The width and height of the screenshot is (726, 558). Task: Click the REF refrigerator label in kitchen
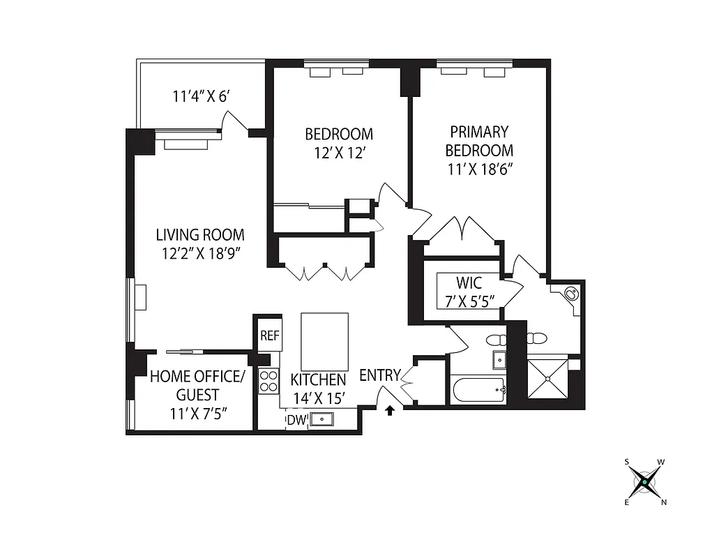pos(269,335)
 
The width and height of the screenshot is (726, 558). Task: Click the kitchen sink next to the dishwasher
pos(322,419)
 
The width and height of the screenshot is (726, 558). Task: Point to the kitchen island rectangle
pos(324,340)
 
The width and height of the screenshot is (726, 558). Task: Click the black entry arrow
pos(391,411)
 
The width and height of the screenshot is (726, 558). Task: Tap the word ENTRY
pos(379,376)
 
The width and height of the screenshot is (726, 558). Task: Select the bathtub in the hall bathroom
pos(478,389)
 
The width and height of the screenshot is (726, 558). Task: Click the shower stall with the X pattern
pos(548,379)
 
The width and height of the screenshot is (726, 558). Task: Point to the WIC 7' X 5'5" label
pos(469,292)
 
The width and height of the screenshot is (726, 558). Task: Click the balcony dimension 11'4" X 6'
pos(201,96)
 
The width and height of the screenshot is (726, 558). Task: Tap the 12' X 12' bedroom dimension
pos(339,153)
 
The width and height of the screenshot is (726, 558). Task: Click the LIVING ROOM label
pos(200,235)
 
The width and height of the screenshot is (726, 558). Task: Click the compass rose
pos(645,481)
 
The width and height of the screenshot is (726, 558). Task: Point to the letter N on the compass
pos(663,502)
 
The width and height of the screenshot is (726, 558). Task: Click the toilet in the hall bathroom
pos(497,340)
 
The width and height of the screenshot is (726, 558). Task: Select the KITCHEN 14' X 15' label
pos(318,389)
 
